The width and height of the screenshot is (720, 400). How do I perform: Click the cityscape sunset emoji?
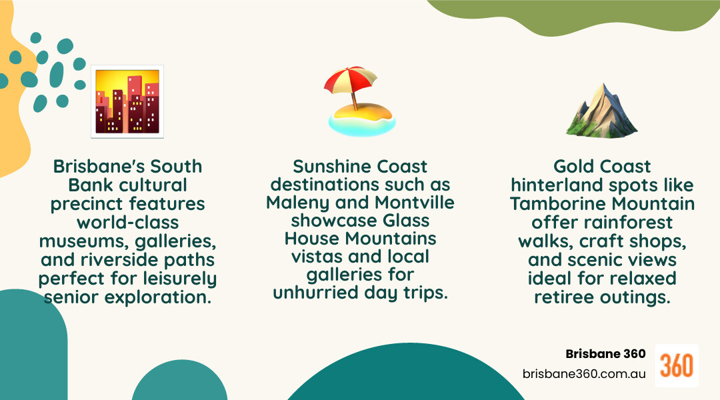(x=127, y=101)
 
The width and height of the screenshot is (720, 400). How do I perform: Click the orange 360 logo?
(x=677, y=365)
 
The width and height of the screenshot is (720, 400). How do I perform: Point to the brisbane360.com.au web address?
(x=584, y=374)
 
